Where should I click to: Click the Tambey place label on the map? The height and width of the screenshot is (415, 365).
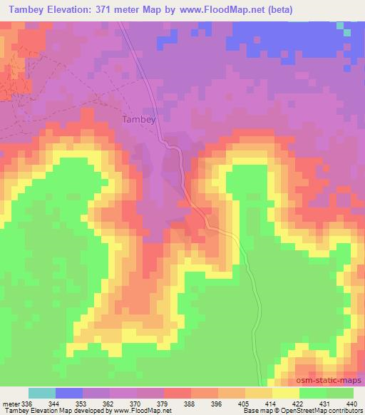click(x=139, y=120)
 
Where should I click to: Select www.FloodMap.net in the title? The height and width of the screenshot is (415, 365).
click(x=222, y=9)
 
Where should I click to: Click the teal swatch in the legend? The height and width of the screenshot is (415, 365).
click(x=42, y=394)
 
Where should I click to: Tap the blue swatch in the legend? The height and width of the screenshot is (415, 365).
click(x=69, y=394)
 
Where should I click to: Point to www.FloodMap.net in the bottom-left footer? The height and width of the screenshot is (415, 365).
click(x=147, y=411)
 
